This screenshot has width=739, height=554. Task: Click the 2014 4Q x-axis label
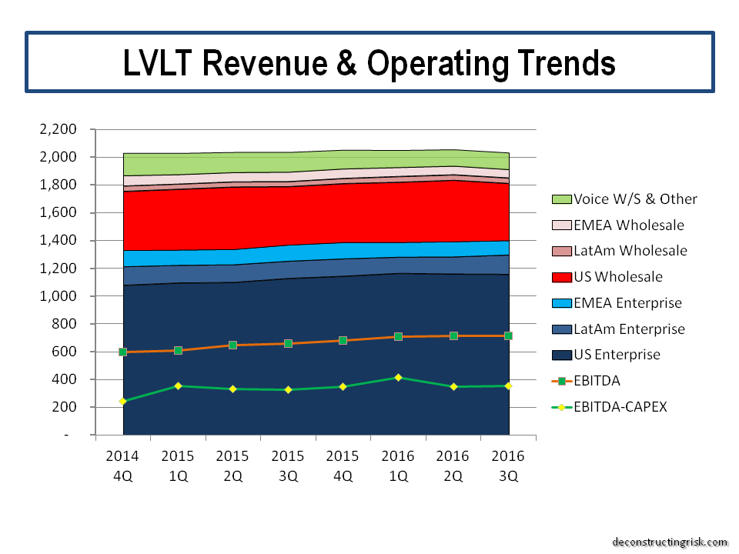123,466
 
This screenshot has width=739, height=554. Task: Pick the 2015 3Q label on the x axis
288,466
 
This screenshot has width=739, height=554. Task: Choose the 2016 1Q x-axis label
398,466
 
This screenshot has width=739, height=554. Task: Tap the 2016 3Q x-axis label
508,466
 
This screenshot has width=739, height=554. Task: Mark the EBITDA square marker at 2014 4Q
123,352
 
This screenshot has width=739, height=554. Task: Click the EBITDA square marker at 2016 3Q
508,335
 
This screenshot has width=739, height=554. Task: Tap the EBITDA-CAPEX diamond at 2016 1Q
398,378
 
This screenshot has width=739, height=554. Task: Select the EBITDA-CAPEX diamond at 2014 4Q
123,401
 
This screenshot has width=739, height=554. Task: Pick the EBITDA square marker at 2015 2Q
233,345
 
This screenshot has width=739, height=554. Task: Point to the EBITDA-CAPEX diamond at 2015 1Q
178,385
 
